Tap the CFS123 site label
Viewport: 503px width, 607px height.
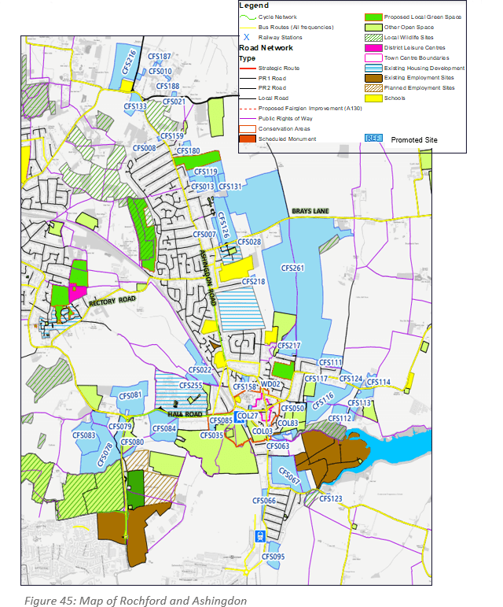point(331,499)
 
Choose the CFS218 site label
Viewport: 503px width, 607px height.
point(253,281)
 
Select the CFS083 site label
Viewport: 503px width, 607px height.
point(83,435)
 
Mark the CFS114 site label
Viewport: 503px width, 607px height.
point(378,382)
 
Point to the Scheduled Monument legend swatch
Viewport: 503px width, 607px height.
point(249,139)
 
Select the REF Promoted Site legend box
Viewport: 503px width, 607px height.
point(373,138)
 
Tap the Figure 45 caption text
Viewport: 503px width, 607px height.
point(134,600)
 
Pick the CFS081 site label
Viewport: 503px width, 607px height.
point(131,394)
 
